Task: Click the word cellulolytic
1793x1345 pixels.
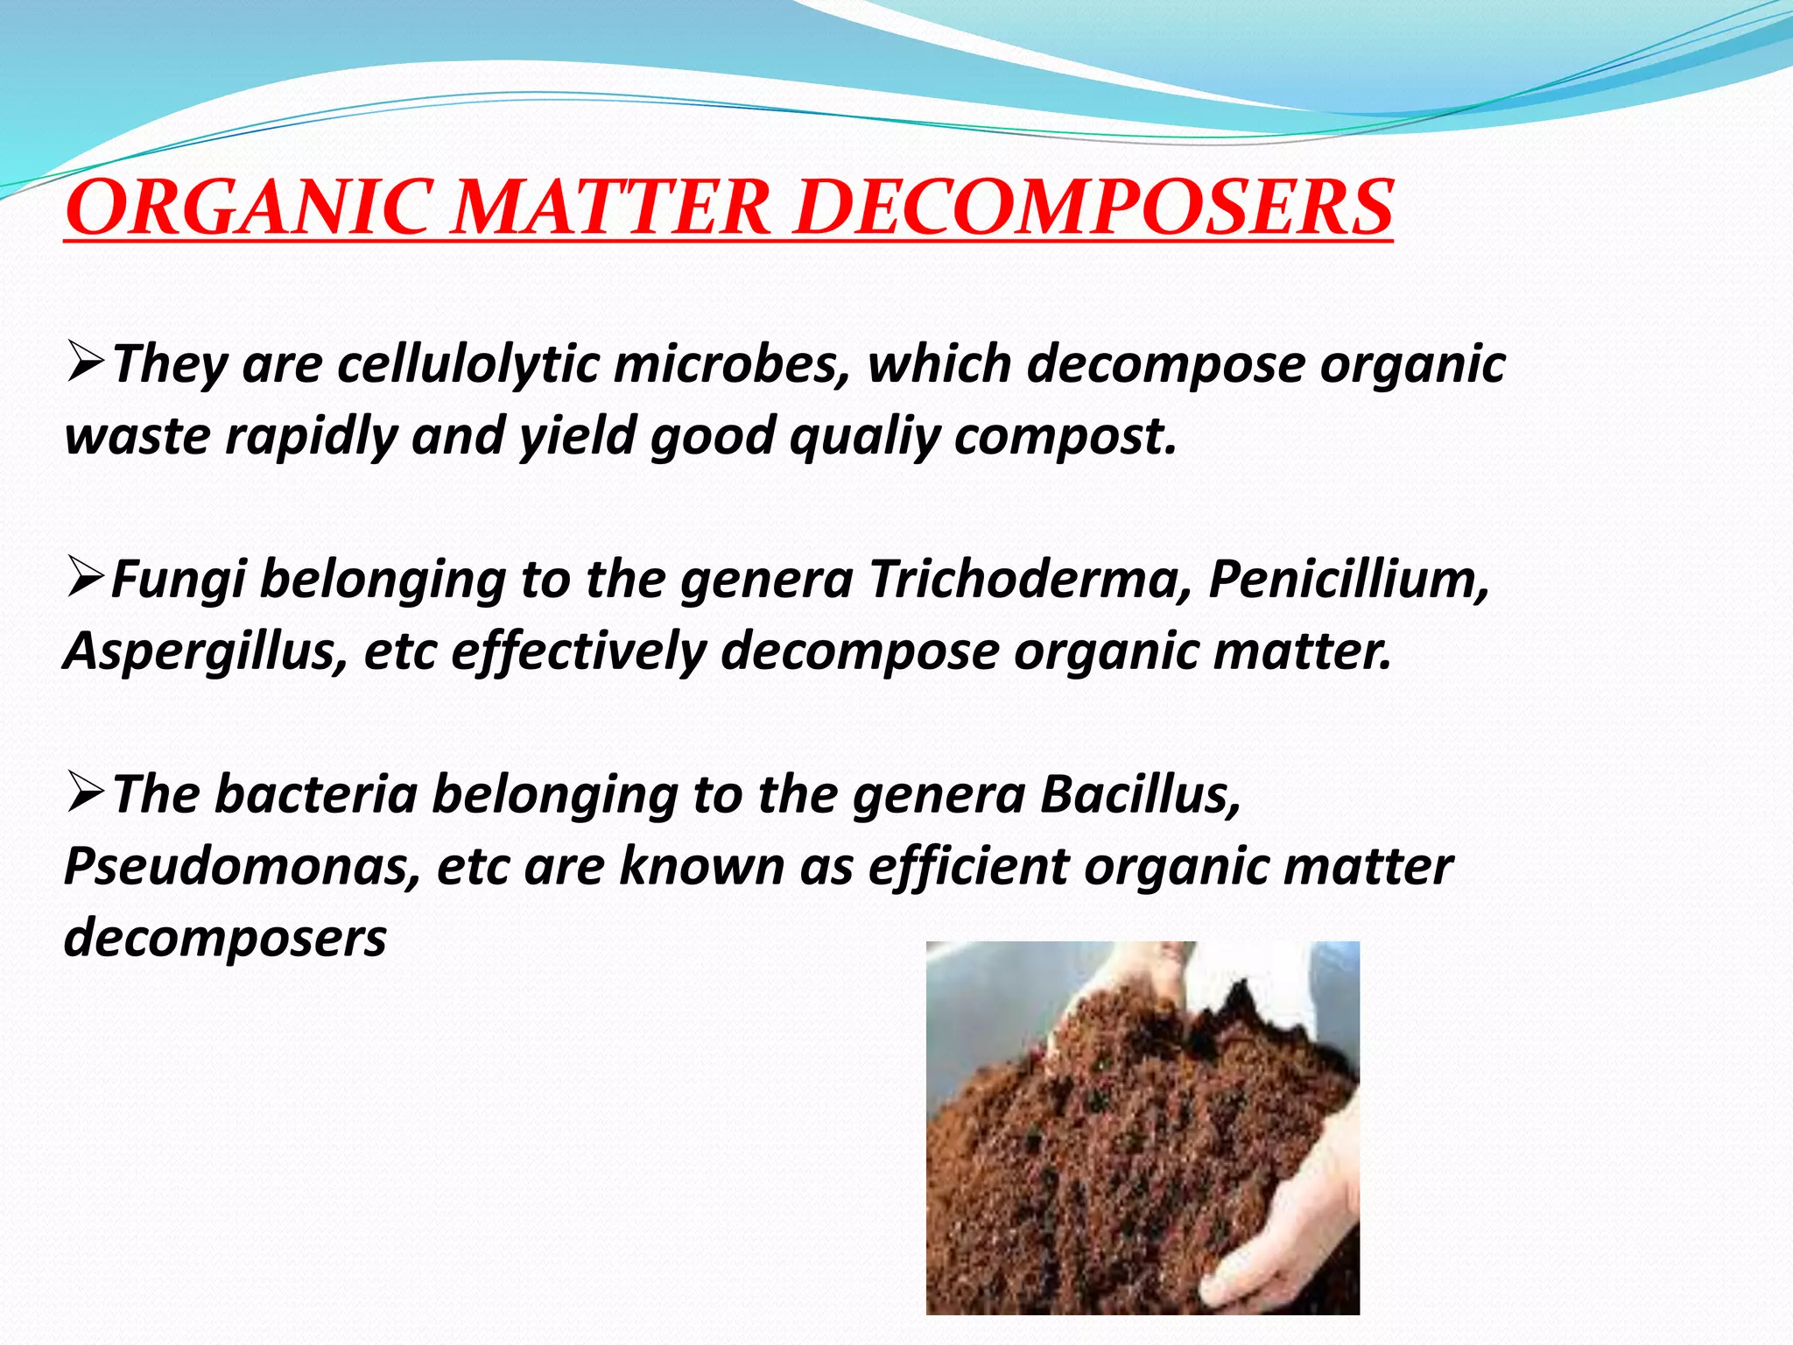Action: click(x=468, y=364)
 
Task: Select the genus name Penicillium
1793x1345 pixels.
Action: click(x=1348, y=579)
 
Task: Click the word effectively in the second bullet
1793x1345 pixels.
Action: click(x=579, y=652)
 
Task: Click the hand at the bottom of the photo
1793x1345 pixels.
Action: click(x=1278, y=1226)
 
